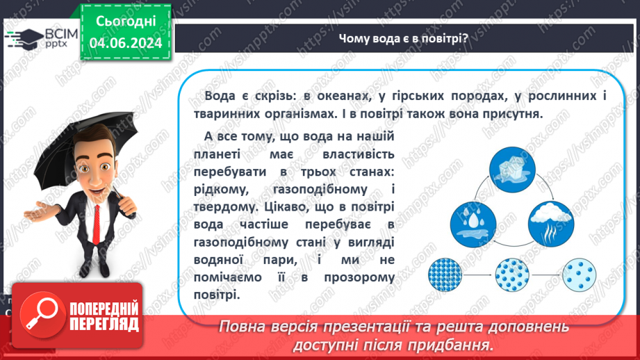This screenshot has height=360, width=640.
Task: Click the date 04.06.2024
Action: tap(126, 43)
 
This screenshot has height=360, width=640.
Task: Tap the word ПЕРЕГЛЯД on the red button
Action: tap(104, 323)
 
